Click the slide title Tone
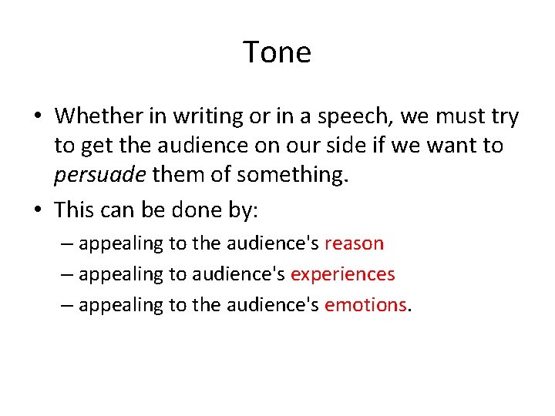277,52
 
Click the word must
455,116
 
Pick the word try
503,117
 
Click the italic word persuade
99,176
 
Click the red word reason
354,243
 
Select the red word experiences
342,274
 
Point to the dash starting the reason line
67,243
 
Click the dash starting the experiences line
67,274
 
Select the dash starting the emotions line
67,304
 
